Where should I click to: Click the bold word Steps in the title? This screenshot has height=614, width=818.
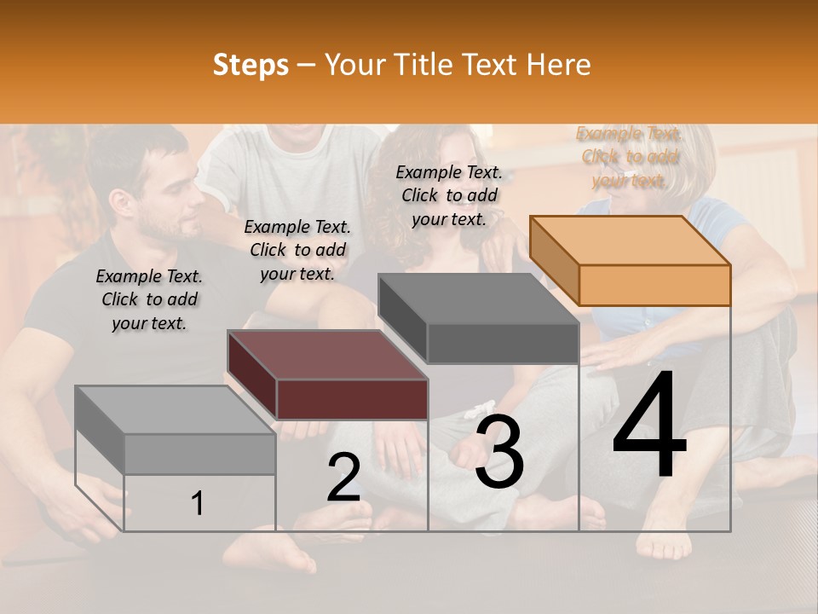click(251, 65)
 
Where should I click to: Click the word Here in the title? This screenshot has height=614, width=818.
click(559, 65)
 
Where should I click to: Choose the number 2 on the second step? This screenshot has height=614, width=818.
click(343, 478)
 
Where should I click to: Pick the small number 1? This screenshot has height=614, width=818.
click(198, 503)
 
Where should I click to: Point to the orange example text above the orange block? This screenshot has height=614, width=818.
click(630, 157)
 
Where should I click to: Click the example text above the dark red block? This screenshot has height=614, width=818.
click(297, 250)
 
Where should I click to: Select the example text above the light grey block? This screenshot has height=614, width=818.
click(149, 299)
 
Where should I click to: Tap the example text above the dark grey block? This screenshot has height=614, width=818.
click(449, 195)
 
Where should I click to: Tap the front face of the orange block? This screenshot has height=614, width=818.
click(654, 285)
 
